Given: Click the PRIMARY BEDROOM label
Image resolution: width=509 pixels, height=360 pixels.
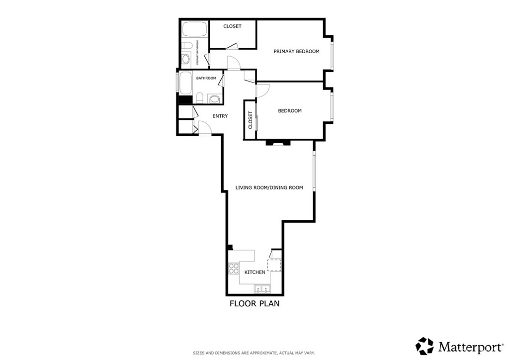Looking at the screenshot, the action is point(296,51).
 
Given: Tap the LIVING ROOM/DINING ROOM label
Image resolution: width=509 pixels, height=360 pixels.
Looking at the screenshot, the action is point(269,187).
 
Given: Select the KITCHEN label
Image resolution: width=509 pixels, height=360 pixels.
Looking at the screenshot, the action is point(255,272).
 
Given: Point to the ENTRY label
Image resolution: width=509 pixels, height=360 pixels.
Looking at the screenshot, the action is point(220,116).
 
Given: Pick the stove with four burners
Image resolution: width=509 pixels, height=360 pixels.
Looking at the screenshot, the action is point(234,269).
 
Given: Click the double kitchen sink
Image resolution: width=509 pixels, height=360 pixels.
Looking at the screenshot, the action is point(262,288).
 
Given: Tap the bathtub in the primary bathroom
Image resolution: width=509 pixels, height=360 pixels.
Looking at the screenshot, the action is point(194,29).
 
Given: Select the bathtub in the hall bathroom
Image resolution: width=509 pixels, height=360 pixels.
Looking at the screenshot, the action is point(186,83).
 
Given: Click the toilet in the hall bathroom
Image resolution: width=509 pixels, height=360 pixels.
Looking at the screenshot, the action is point(200,98).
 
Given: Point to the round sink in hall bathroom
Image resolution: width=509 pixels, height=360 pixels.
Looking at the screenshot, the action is point(214,98).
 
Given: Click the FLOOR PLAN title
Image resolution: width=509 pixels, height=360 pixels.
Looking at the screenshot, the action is point(254,304).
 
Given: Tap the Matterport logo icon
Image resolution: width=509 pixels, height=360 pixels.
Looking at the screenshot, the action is point(424,346).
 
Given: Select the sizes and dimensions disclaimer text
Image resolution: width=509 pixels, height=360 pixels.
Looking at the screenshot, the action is point(254,353).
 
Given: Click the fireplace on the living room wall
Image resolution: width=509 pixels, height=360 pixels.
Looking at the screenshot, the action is point(277,143).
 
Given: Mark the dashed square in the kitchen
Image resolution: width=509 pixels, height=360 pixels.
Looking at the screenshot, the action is point(274,265).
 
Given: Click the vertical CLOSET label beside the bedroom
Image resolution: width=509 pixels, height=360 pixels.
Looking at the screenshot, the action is point(251,120).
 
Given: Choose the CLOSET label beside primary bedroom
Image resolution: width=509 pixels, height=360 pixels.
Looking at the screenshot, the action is point(233,26).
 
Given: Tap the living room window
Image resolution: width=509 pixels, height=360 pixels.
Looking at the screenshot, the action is point(314,171).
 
